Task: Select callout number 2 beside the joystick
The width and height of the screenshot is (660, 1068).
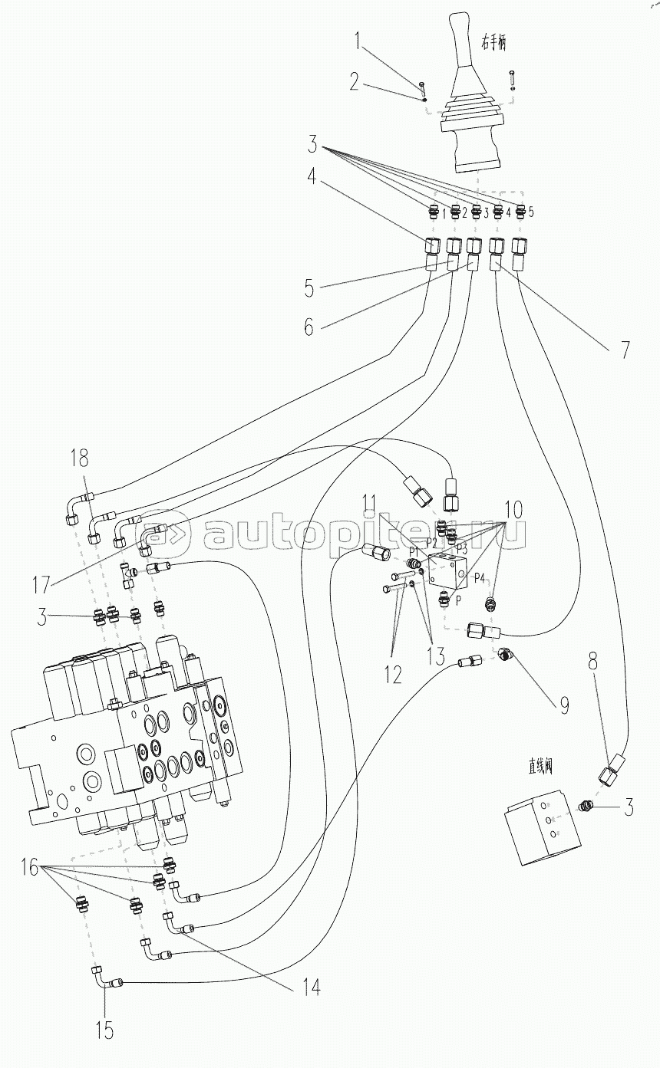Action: pos(355,82)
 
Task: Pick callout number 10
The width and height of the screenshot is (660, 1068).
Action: pos(513,508)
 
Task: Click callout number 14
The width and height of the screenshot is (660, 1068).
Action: pos(311,987)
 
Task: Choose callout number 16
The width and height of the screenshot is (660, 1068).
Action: pos(29,867)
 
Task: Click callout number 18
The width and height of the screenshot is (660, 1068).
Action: pos(80,459)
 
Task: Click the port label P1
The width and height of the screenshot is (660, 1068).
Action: pos(413,550)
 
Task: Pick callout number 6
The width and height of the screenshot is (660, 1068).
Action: pos(309,327)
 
